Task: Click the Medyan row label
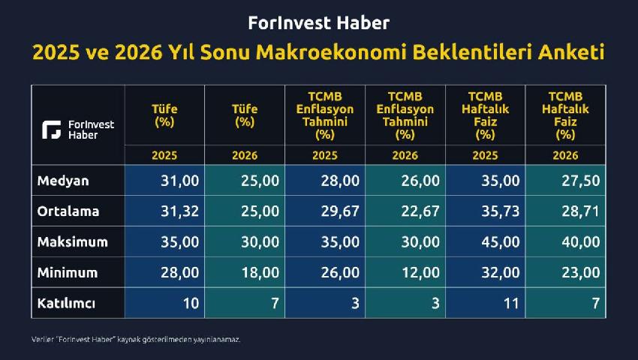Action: pyautogui.click(x=62, y=181)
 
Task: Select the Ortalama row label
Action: pyautogui.click(x=68, y=211)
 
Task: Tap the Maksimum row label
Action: pyautogui.click(x=72, y=242)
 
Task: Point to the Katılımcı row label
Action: pyautogui.click(x=66, y=303)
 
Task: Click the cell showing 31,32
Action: pyautogui.click(x=179, y=211)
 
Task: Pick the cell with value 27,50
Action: pyautogui.click(x=581, y=181)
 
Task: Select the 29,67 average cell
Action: pyautogui.click(x=340, y=211)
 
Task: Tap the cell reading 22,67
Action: pyautogui.click(x=420, y=211)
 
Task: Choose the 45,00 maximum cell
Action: pyautogui.click(x=501, y=242)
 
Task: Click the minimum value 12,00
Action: pyautogui.click(x=420, y=272)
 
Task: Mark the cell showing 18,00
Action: pyautogui.click(x=260, y=272)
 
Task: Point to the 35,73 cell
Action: pyautogui.click(x=501, y=211)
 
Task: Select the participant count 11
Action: pyautogui.click(x=511, y=303)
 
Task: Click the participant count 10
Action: pyautogui.click(x=191, y=303)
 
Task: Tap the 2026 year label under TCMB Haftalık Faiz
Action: pyautogui.click(x=565, y=155)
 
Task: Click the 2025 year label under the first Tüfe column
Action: pyautogui.click(x=164, y=155)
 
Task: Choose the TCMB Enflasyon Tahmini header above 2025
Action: pyautogui.click(x=325, y=115)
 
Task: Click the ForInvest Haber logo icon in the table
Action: pyautogui.click(x=52, y=130)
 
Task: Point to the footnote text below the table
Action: pyautogui.click(x=136, y=339)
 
